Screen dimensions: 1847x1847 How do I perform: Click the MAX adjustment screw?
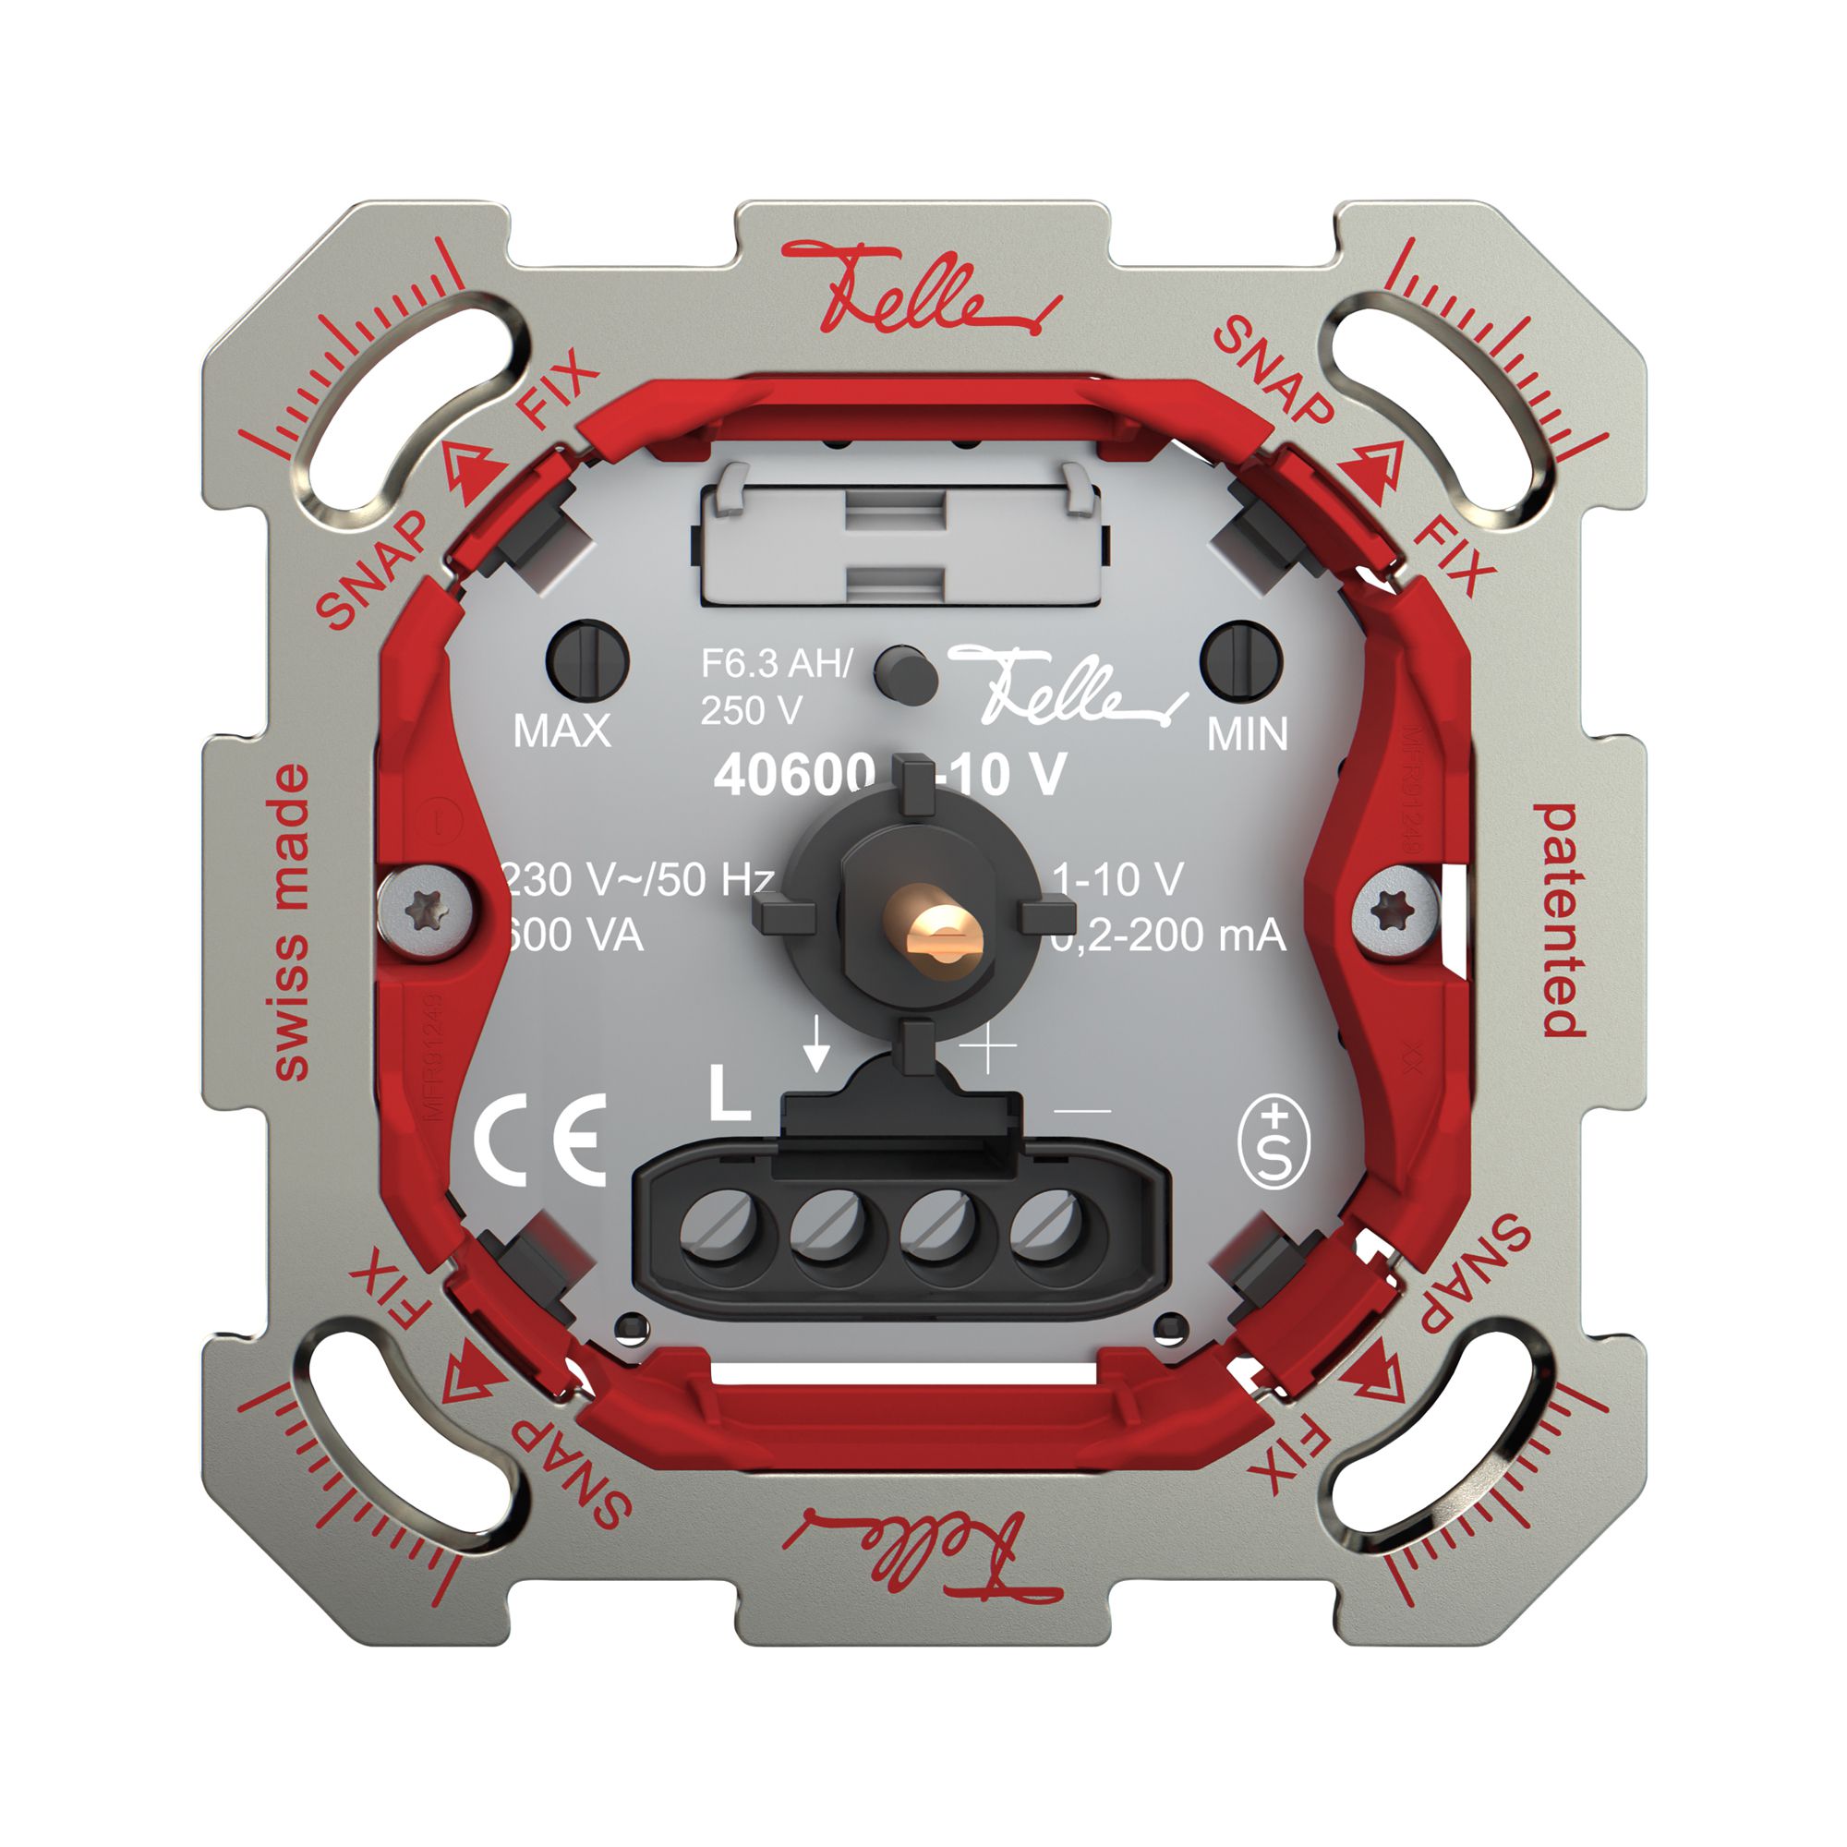point(587,659)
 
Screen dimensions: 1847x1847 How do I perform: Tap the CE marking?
point(541,1139)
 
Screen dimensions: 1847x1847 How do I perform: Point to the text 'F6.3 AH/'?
point(776,662)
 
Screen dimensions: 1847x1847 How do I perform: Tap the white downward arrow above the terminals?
point(815,1044)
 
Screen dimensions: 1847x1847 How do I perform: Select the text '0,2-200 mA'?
point(1168,935)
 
